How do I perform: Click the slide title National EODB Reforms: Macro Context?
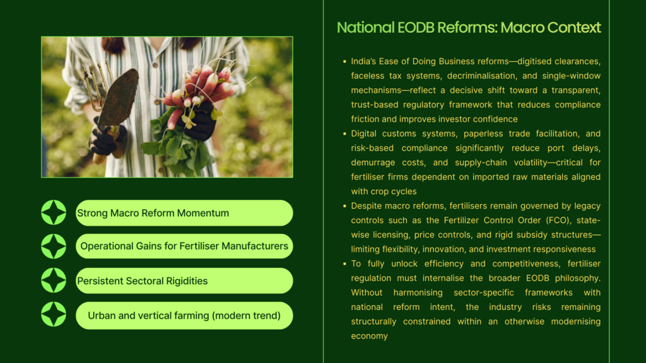(x=469, y=28)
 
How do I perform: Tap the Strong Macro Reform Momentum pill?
(x=184, y=213)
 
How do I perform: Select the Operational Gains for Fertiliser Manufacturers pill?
(x=184, y=246)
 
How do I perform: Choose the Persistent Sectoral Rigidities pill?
(x=184, y=280)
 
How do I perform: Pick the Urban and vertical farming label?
(x=184, y=316)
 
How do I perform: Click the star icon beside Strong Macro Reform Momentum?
(x=54, y=212)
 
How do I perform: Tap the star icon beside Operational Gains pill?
(x=54, y=246)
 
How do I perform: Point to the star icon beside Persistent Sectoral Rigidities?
(x=54, y=280)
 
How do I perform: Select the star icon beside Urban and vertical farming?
(x=54, y=314)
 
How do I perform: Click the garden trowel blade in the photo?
(x=119, y=97)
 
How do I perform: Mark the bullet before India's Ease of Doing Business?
(x=344, y=61)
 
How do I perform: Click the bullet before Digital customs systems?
(x=344, y=134)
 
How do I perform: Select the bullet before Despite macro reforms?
(x=344, y=206)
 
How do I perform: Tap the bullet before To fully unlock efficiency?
(x=344, y=263)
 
